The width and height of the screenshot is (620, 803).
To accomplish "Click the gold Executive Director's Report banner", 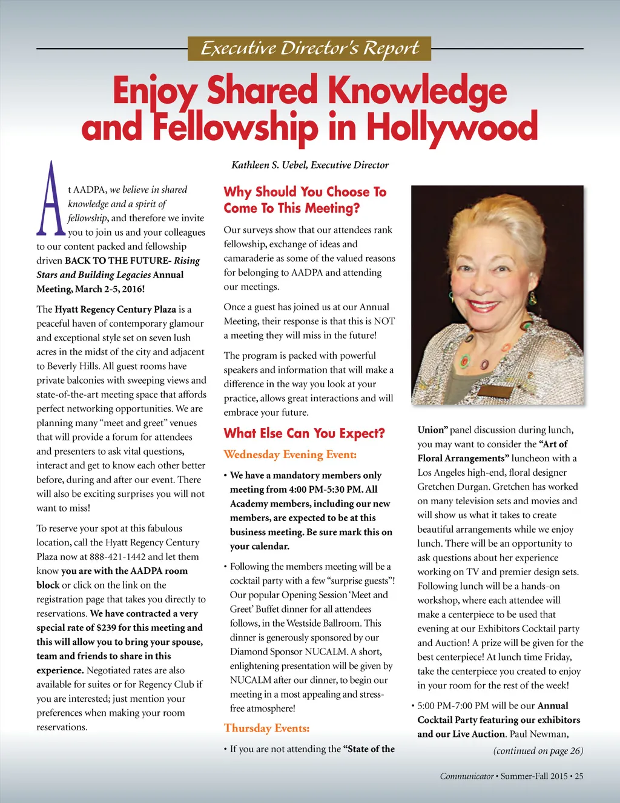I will coord(309,48).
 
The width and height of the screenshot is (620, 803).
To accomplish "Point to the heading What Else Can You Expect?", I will coord(304,433).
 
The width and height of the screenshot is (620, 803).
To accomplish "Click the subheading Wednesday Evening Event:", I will coord(290,455).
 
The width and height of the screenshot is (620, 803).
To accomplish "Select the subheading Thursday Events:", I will coord(266,728).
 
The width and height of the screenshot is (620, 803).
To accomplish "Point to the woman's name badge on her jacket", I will coord(500,388).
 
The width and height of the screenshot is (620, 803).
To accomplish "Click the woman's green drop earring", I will coord(532,299).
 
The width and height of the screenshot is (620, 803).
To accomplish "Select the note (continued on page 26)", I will coord(538,751).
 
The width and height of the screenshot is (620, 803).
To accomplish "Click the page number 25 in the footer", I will coord(579,776).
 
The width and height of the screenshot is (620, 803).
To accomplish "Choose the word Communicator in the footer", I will coord(467,776).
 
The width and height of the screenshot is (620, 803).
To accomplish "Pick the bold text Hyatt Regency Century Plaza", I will coord(115,309).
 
